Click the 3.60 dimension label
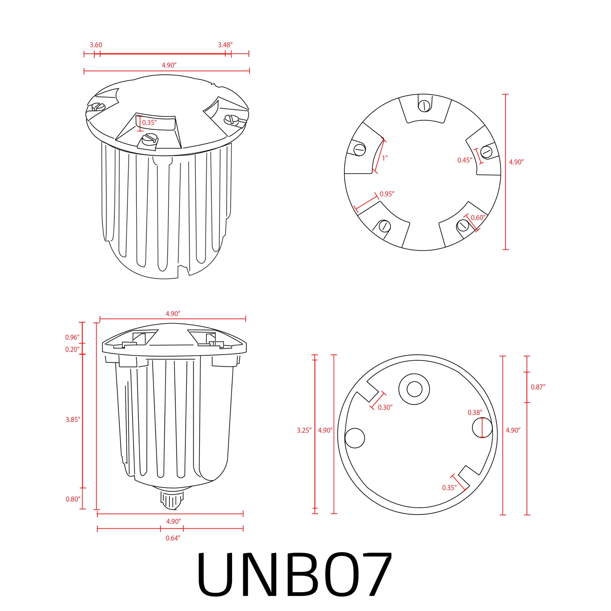(x=96, y=45)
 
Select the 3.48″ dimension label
(x=225, y=45)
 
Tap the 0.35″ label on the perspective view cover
(x=149, y=123)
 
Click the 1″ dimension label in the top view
(x=385, y=158)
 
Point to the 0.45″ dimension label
(x=465, y=160)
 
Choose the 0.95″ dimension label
(x=387, y=194)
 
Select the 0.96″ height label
(x=72, y=337)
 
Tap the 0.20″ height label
(x=72, y=349)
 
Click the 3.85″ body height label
(x=73, y=420)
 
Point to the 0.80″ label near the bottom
(x=73, y=499)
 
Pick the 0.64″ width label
(x=173, y=538)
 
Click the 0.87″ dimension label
(x=538, y=387)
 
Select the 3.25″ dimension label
(x=304, y=431)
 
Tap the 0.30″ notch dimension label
(x=385, y=408)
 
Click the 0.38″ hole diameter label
(x=475, y=413)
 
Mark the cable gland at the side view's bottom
(x=172, y=500)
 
